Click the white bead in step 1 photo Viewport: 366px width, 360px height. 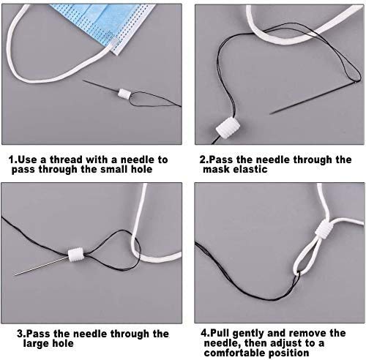click(x=124, y=93)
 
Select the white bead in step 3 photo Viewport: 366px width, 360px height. click(x=76, y=255)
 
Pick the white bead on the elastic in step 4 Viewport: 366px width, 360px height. click(x=324, y=230)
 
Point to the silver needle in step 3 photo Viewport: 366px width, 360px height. click(x=42, y=266)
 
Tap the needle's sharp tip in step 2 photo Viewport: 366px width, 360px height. click(x=270, y=113)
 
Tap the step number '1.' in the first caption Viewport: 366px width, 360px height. click(x=13, y=160)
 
